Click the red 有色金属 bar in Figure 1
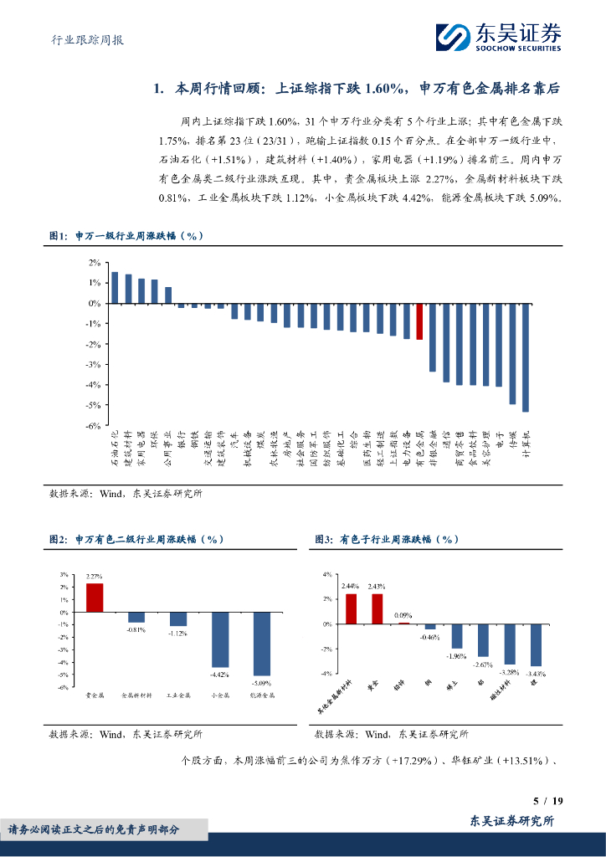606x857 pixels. coord(419,321)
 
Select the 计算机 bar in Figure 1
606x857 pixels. coord(526,357)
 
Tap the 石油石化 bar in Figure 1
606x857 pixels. coord(115,288)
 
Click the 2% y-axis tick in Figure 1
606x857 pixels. coord(95,263)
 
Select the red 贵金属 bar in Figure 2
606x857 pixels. coord(95,598)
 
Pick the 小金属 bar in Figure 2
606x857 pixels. coord(220,639)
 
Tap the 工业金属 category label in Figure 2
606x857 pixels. coord(178,695)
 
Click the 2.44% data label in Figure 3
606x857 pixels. coord(351,586)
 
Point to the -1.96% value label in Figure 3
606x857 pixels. coord(457,656)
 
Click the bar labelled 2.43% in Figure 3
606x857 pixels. coord(377,608)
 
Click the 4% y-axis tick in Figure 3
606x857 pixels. coord(328,574)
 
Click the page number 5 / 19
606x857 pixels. coord(548,801)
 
